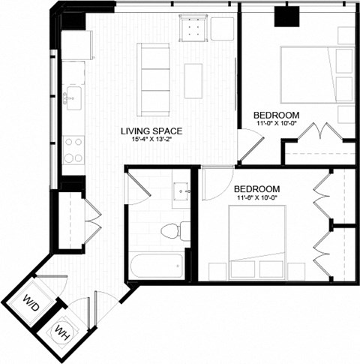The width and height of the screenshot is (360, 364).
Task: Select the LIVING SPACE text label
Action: coord(152,130)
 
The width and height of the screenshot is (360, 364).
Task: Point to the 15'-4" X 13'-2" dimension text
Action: coord(152,140)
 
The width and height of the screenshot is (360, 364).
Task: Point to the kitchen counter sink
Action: coord(73,97)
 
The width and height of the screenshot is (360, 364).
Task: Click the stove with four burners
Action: coord(73,149)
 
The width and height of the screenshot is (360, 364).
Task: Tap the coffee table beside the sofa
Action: coord(193,80)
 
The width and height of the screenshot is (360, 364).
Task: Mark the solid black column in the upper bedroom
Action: coord(286,17)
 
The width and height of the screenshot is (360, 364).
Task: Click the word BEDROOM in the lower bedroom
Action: coord(257,188)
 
